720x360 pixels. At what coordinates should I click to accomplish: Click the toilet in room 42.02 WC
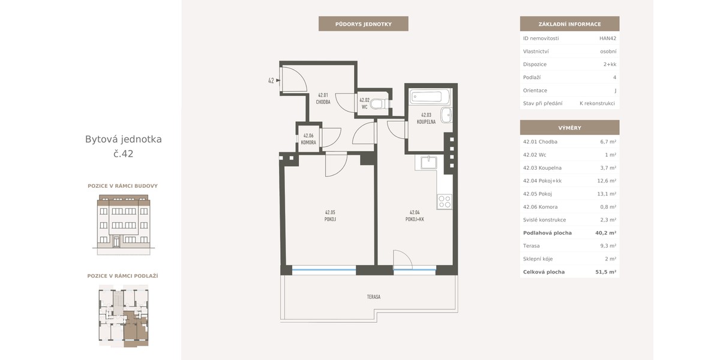tap(380, 104)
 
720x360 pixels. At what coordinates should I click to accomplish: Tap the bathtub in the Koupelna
tap(430, 97)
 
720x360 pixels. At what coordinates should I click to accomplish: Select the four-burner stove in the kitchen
tap(445, 202)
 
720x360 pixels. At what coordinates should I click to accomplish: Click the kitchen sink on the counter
tap(429, 163)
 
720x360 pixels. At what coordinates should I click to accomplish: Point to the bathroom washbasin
tap(446, 115)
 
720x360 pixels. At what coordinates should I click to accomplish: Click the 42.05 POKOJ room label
tap(330, 215)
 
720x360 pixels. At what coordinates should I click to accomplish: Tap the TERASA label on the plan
tap(373, 296)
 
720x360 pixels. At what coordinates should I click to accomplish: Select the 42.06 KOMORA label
tap(308, 139)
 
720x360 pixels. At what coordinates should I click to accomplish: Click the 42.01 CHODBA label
tap(323, 98)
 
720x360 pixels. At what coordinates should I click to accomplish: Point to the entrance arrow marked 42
tap(278, 80)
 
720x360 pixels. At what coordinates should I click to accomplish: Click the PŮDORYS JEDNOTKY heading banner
tap(363, 24)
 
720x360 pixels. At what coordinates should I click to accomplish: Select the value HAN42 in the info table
tap(607, 38)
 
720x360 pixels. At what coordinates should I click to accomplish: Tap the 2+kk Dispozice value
tap(610, 64)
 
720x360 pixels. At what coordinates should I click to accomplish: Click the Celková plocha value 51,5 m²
tap(605, 272)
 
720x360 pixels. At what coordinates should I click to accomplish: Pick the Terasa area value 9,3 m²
tap(608, 246)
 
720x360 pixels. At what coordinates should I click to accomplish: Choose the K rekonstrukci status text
tap(597, 103)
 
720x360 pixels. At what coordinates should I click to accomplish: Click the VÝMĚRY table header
tap(569, 128)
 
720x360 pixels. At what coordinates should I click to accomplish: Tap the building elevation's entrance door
tap(116, 241)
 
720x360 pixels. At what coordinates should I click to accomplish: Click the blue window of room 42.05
tap(323, 270)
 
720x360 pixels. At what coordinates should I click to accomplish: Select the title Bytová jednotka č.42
tap(124, 146)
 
